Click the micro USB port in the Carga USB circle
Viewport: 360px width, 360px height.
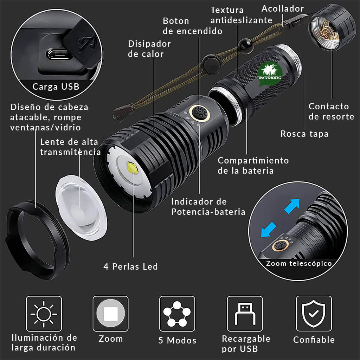[x=59, y=54]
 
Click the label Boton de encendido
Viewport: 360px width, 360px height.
[x=192, y=26]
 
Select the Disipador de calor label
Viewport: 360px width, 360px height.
[x=149, y=49]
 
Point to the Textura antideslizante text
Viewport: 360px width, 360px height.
[x=241, y=15]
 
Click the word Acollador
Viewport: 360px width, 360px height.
[x=283, y=9]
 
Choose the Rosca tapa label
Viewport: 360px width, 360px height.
[x=304, y=134]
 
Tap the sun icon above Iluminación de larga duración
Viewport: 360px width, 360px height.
[x=44, y=314]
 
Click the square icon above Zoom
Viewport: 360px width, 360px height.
[x=110, y=314]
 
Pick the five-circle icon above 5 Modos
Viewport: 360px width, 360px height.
[x=177, y=314]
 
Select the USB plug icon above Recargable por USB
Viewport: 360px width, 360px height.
[x=244, y=314]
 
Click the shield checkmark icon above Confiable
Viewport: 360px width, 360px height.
[x=314, y=314]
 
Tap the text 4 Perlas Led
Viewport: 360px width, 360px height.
[x=130, y=266]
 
